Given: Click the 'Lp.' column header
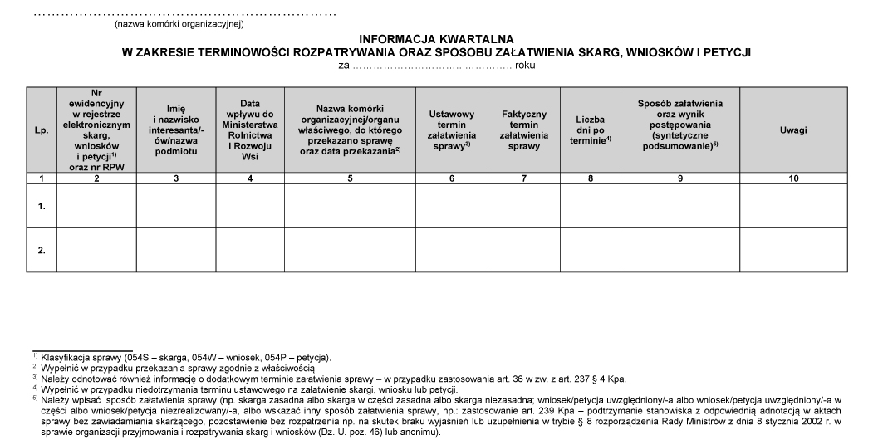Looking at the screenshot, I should (41, 130).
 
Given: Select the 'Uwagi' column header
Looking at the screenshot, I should (793, 130).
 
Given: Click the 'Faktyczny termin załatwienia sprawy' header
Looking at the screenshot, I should (523, 130).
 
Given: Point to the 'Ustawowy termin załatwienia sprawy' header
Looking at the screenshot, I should (451, 130).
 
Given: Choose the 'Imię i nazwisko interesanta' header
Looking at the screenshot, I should (175, 130).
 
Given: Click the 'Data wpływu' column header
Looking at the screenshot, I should (250, 130).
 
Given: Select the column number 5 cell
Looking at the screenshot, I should (350, 178).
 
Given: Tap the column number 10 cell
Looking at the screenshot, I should (793, 178).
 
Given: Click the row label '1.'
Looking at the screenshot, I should (41, 205).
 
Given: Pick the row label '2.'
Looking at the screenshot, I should (41, 250).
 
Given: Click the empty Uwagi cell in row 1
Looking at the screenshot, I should (793, 205).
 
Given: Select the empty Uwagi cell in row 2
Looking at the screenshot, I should (793, 250).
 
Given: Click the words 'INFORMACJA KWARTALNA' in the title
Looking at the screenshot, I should (436, 39).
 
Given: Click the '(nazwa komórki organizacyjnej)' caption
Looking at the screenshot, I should (179, 24).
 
